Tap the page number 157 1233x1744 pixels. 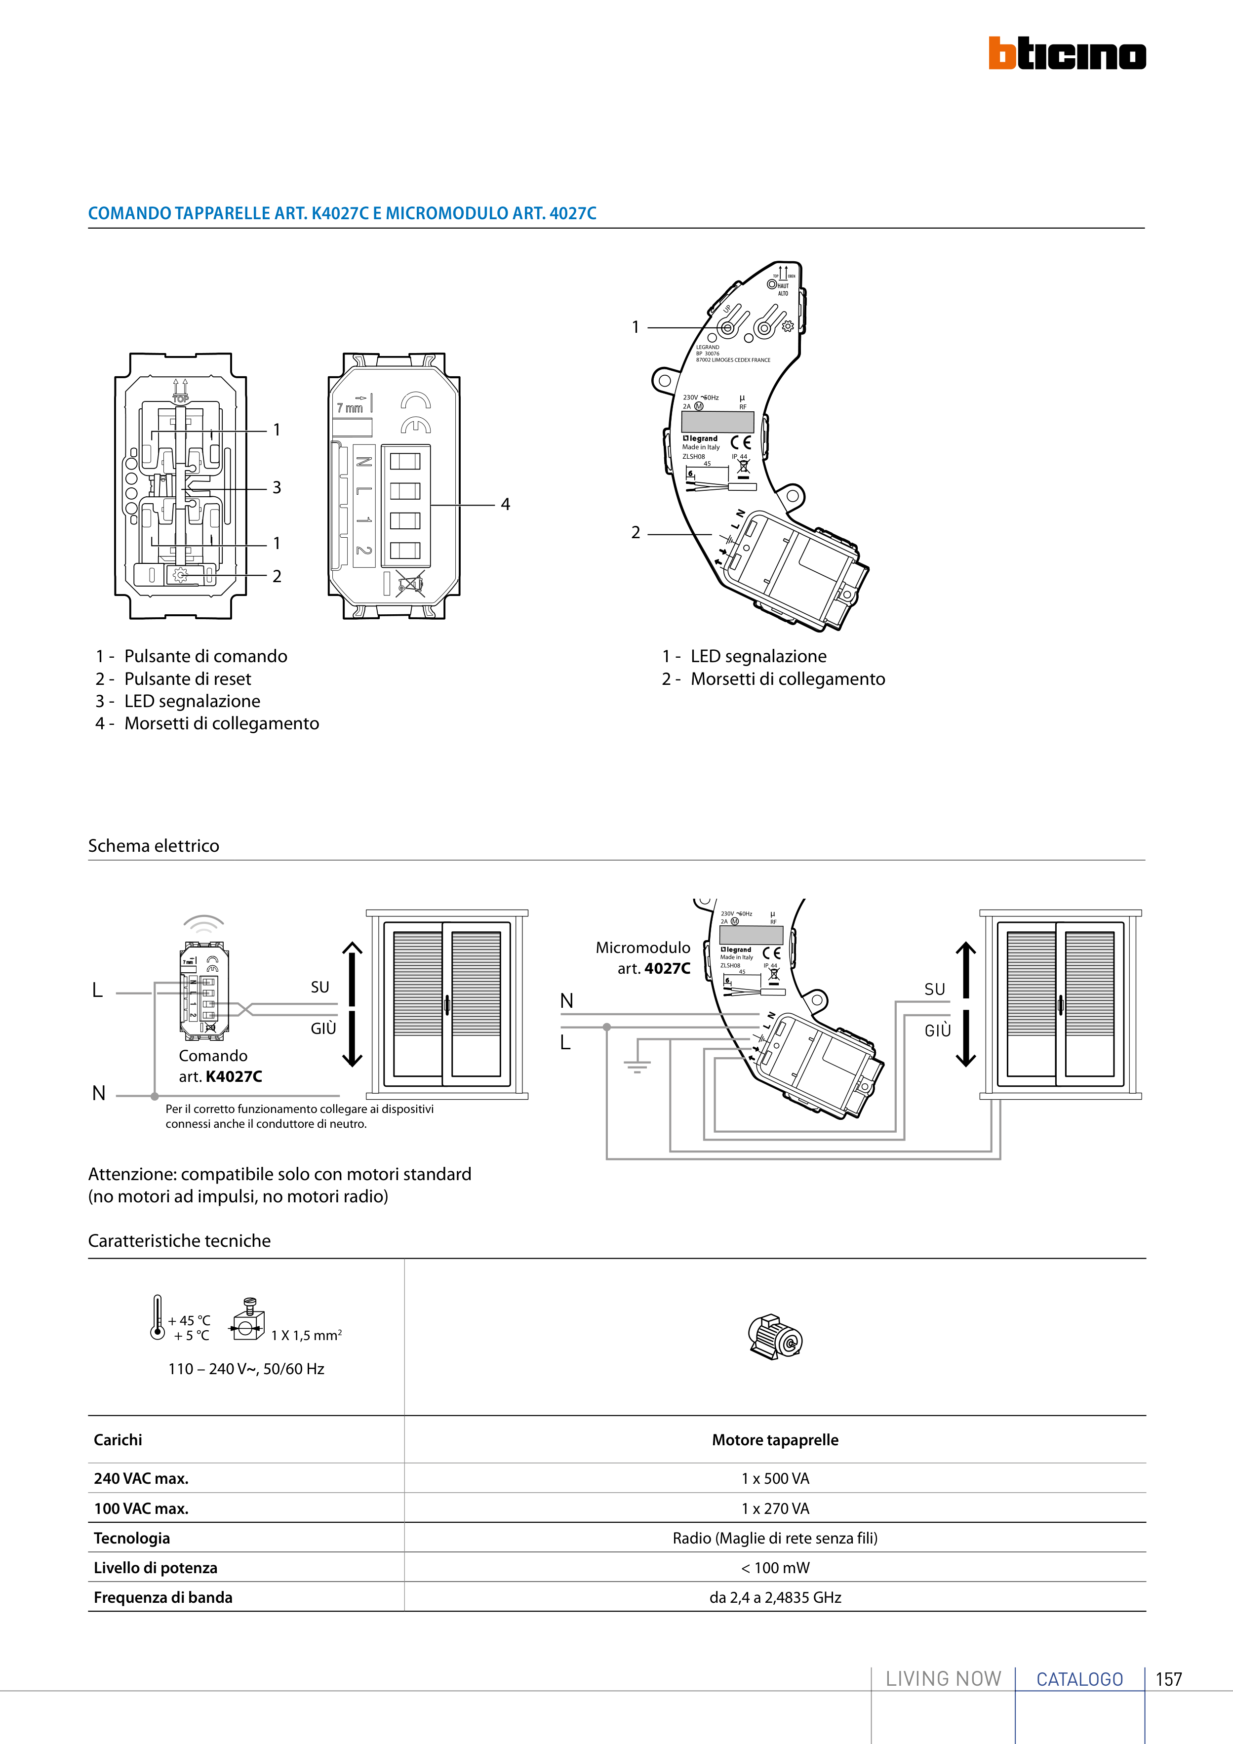tap(1168, 1679)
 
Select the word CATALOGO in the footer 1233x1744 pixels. tap(1079, 1679)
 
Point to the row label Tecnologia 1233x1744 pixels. tap(131, 1538)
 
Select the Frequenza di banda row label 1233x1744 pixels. tap(162, 1597)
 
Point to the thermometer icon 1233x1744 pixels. tap(157, 1317)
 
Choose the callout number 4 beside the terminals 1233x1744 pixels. tap(505, 504)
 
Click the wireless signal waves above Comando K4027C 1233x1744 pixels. tap(203, 924)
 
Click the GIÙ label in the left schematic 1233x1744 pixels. tap(323, 1029)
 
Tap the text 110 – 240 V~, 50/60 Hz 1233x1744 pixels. tap(246, 1369)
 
